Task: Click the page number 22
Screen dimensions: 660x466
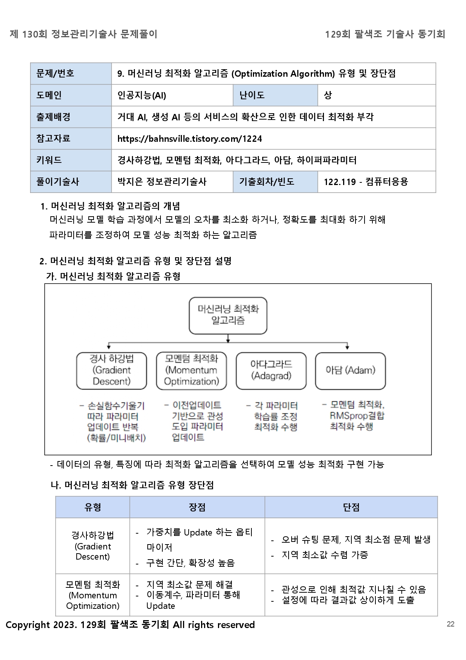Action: click(x=450, y=624)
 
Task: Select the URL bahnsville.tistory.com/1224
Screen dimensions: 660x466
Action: click(x=189, y=139)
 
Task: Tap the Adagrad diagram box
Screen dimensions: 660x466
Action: click(x=271, y=370)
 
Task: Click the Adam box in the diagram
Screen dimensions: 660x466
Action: click(x=350, y=370)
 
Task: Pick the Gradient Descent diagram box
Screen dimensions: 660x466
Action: click(x=111, y=370)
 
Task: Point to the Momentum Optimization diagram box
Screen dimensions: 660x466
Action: click(x=191, y=370)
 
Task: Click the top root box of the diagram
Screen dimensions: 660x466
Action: click(x=228, y=315)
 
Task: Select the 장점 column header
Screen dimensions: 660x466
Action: click(x=197, y=507)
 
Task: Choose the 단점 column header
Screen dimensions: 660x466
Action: click(x=351, y=507)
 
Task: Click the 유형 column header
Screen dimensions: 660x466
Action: click(x=92, y=507)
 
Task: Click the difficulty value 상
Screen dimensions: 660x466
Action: click(x=328, y=95)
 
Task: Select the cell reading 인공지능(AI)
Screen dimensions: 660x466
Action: click(x=142, y=95)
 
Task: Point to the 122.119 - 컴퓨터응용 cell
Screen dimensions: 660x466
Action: click(x=366, y=182)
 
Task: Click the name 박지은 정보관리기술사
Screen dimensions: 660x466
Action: click(x=162, y=182)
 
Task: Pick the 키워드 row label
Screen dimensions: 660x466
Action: click(x=49, y=160)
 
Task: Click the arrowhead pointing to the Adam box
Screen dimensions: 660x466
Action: click(x=347, y=347)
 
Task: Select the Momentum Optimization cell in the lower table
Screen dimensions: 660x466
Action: click(x=93, y=595)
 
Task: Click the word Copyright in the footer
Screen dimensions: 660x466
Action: click(x=28, y=625)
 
